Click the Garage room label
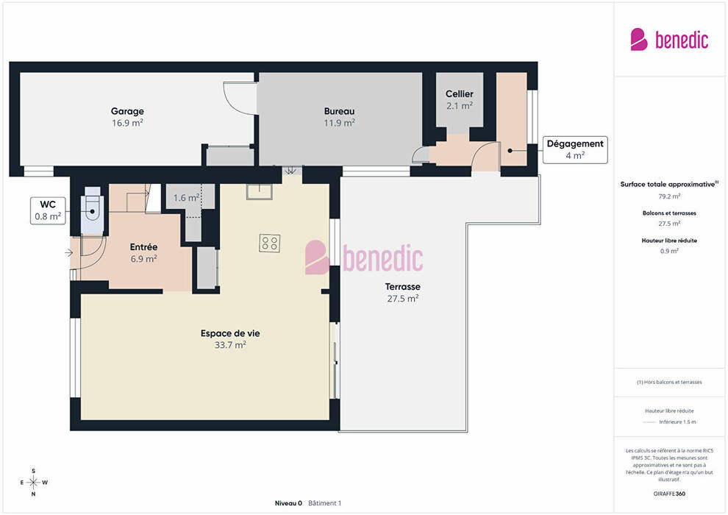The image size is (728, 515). point(127,111)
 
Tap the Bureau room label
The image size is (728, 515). point(340,111)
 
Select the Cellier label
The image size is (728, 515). point(459,94)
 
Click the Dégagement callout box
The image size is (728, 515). point(575,149)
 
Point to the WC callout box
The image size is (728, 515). point(48,211)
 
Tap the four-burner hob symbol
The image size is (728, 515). point(269,244)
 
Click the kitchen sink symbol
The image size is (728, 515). point(260,191)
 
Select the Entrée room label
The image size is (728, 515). point(143,247)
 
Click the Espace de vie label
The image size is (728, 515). point(230,333)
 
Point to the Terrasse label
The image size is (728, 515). point(402,286)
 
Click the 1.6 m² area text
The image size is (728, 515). point(186,198)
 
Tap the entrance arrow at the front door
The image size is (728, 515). point(68,253)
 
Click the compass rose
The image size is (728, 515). point(33,483)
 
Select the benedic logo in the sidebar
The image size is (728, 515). point(669,40)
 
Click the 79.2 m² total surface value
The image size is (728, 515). point(669,196)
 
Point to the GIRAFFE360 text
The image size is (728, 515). point(669,494)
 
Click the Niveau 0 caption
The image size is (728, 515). point(288,503)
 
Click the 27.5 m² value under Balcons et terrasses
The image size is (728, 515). point(669,224)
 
